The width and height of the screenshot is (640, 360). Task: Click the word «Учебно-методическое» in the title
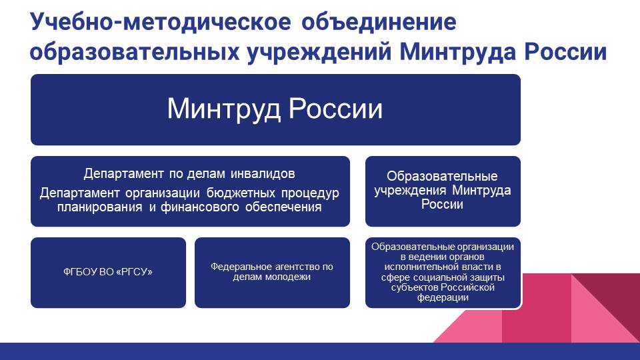[161, 21]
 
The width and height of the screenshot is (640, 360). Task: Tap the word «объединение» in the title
[379, 22]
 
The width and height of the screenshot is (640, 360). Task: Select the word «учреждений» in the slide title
[319, 52]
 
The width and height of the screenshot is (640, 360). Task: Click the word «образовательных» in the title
[134, 52]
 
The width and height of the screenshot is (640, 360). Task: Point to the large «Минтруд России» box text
[275, 109]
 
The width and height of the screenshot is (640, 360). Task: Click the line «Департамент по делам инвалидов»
[189, 173]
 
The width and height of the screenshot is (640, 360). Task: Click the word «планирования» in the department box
[99, 207]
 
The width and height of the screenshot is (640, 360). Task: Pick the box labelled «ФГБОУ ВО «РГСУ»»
[108, 273]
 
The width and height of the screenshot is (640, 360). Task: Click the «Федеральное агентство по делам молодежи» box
[272, 273]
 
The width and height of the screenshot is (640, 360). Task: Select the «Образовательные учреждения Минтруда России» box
[443, 191]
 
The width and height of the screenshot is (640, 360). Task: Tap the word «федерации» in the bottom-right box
[443, 297]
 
